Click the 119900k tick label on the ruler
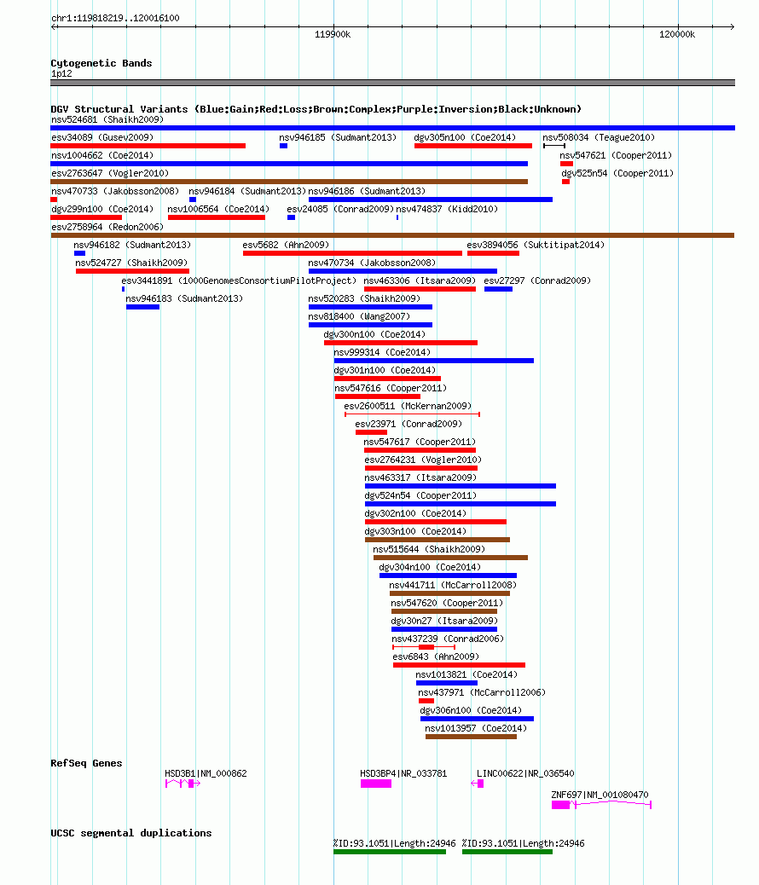(332, 34)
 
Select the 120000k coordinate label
(676, 34)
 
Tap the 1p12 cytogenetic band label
(61, 74)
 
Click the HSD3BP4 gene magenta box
(376, 784)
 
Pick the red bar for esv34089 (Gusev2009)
(148, 146)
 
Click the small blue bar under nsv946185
(283, 146)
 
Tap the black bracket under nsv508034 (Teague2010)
(554, 146)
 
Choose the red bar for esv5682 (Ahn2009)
(352, 253)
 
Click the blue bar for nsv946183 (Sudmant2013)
(142, 307)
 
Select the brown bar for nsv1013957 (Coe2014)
(471, 737)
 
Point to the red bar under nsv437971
(426, 701)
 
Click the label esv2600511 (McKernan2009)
(408, 406)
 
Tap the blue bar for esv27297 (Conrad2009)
(498, 289)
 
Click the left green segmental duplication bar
(390, 852)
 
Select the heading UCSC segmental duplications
(131, 833)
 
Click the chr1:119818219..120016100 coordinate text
(115, 18)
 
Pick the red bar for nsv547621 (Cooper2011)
(566, 164)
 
